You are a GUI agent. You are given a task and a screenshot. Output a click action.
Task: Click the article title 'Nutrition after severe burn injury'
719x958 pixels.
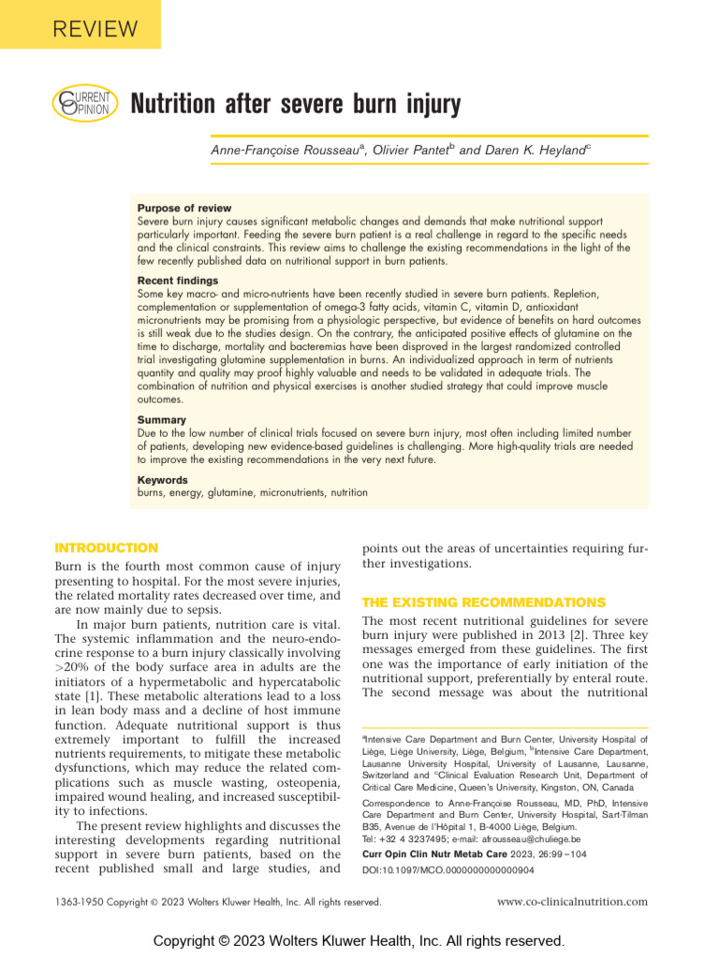pos(295,104)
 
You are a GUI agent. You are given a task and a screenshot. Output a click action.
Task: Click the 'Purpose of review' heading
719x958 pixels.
pos(184,208)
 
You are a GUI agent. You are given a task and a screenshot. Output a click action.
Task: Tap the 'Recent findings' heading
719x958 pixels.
pos(178,281)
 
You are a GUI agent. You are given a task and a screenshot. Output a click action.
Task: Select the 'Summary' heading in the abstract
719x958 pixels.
pos(161,420)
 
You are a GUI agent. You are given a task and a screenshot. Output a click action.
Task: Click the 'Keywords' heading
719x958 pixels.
pos(163,480)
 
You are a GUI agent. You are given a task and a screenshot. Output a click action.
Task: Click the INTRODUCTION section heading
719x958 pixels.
pos(107,548)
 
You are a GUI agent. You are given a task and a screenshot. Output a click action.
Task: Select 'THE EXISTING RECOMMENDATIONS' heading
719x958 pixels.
pos(483,602)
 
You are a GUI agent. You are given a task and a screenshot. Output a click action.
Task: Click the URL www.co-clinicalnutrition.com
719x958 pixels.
pos(571,902)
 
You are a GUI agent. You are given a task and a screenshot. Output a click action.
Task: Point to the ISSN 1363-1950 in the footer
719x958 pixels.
pos(82,902)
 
